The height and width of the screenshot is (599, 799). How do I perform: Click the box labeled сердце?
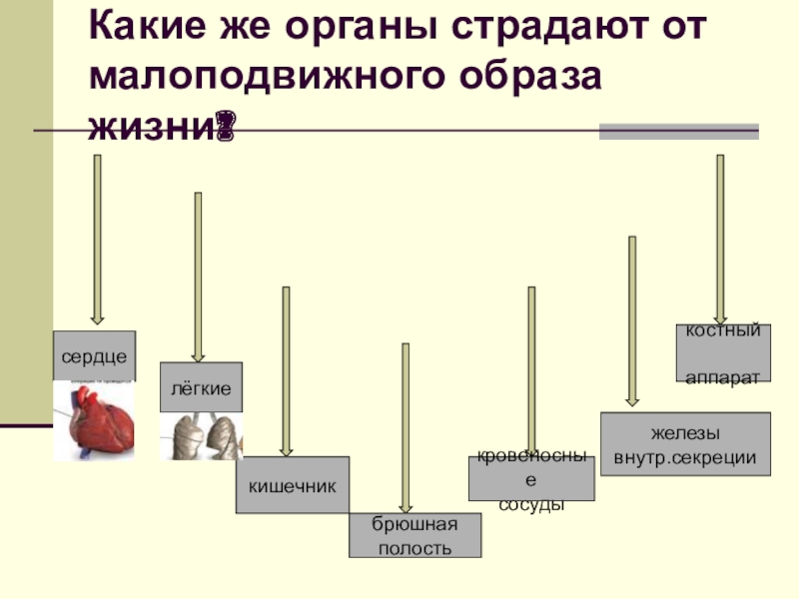pyautogui.click(x=94, y=355)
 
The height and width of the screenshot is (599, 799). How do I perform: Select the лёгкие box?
pyautogui.click(x=201, y=386)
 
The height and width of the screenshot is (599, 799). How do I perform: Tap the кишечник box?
pyautogui.click(x=292, y=485)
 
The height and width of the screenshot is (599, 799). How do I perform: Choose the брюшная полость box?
pyautogui.click(x=414, y=536)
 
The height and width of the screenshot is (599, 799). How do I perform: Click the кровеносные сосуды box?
pyautogui.click(x=531, y=479)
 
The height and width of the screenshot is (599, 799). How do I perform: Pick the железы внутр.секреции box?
pyautogui.click(x=685, y=445)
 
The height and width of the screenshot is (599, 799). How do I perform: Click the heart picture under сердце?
pyautogui.click(x=94, y=420)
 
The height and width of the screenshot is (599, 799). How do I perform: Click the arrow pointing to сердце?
pyautogui.click(x=97, y=240)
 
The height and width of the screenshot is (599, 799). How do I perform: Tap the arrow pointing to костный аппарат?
pyautogui.click(x=720, y=240)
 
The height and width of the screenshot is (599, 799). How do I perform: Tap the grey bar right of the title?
pyautogui.click(x=679, y=132)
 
